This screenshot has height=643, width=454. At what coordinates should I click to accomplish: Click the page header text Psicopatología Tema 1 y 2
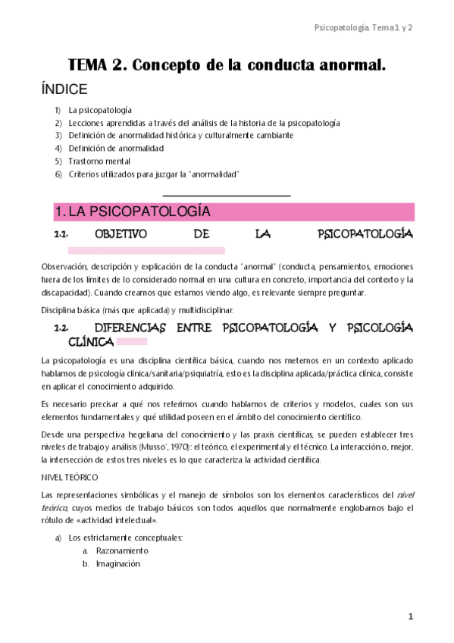point(363,27)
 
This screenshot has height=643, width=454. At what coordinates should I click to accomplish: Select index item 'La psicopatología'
point(99,110)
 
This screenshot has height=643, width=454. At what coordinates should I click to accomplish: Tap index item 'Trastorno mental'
point(99,162)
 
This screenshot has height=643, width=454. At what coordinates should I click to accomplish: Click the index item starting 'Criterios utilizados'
point(154,174)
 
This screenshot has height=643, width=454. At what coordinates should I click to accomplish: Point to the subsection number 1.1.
point(62,235)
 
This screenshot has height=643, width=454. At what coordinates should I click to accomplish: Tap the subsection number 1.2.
point(62,328)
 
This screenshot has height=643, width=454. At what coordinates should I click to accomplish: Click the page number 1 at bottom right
point(410,617)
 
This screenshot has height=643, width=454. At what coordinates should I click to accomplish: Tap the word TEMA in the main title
point(89,65)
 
